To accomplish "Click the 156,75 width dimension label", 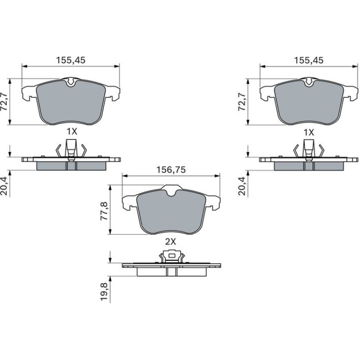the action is pyautogui.click(x=171, y=170).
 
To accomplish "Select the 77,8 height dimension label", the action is pyautogui.click(x=104, y=211).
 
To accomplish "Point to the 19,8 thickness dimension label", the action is pyautogui.click(x=104, y=292).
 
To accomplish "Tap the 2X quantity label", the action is pyautogui.click(x=170, y=242).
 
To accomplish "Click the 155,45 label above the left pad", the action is pyautogui.click(x=71, y=60).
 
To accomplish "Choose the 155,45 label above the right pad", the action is pyautogui.click(x=309, y=60).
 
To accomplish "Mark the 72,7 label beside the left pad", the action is pyautogui.click(x=4, y=102).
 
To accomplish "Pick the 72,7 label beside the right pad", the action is pyautogui.click(x=242, y=102).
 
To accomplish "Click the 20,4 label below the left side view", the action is pyautogui.click(x=4, y=186).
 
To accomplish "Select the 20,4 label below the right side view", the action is pyautogui.click(x=242, y=186).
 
